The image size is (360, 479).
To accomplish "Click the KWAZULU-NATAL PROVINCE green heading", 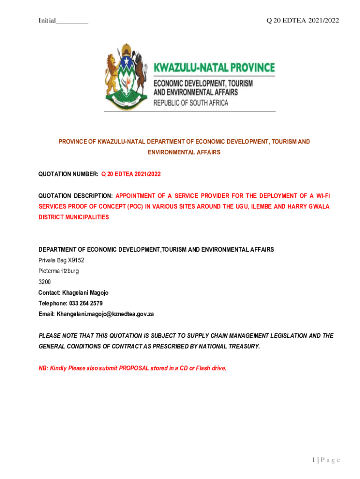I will pos(214,68).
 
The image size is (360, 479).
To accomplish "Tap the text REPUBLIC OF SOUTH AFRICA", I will pos(191,103).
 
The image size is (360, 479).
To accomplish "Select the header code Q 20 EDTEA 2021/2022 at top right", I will pos(302,20).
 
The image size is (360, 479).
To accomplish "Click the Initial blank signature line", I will pos(72,22).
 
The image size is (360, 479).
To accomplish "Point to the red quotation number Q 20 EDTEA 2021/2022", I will pos(131,174).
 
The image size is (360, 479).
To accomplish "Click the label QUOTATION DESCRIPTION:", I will pos(75,196).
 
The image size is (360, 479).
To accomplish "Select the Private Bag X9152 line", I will pos(61,260).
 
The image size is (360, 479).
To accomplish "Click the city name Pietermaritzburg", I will pos(58,271).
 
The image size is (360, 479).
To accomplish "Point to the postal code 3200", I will pos(44,282).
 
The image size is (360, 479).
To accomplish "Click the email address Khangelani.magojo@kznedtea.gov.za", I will pos(105,314).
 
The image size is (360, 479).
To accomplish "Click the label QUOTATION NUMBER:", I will pos(68,174).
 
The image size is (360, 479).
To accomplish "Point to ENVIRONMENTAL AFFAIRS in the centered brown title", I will pos(184,152).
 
